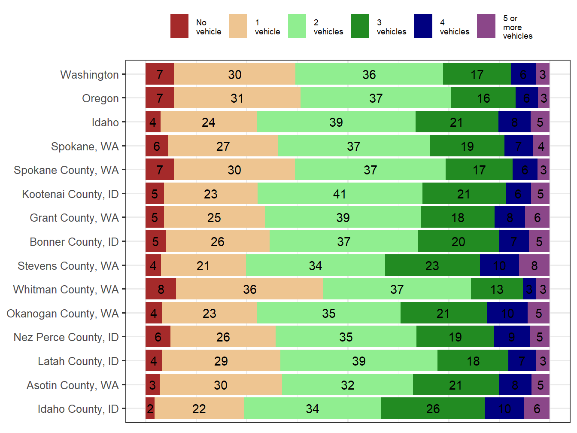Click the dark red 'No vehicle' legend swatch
(179, 26)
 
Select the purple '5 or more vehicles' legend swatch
(486, 26)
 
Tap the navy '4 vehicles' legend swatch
(423, 26)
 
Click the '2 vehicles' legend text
(328, 27)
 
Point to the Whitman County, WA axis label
(66, 290)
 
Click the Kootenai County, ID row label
(70, 194)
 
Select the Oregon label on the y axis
(100, 98)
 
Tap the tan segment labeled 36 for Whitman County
(249, 289)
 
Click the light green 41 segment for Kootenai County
(340, 194)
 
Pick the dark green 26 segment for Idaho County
(433, 409)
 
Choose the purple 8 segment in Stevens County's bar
(534, 265)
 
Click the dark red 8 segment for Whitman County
(161, 289)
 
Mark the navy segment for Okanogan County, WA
(507, 313)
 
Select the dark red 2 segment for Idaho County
(150, 409)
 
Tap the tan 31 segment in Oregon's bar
(237, 98)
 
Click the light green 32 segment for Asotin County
(347, 385)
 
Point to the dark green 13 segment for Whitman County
(497, 289)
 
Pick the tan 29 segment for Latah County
(221, 361)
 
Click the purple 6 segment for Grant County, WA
(537, 218)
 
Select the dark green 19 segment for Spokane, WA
(467, 146)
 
